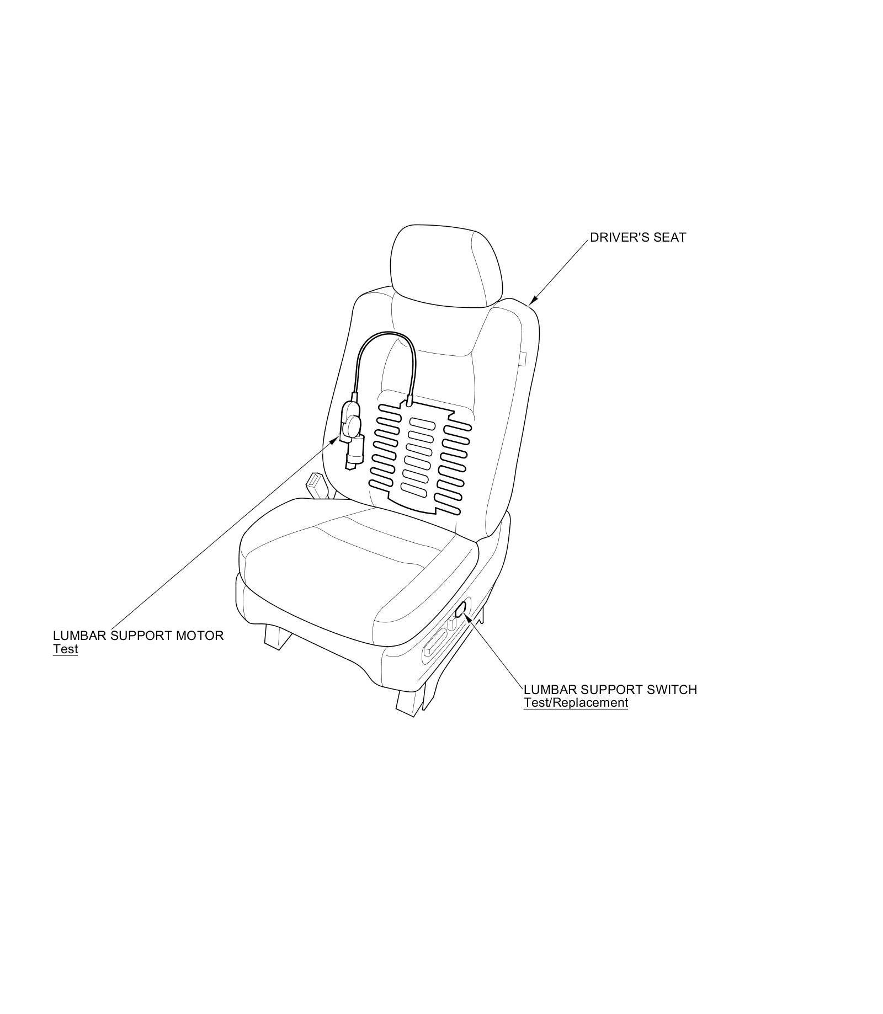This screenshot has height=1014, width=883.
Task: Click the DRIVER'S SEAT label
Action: [x=637, y=238]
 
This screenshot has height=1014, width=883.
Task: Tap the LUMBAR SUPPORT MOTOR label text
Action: [x=138, y=636]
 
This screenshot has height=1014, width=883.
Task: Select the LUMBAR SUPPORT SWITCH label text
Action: [x=610, y=690]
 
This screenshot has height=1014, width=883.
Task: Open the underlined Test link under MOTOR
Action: [x=65, y=649]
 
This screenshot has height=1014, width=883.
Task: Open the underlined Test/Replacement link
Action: [x=576, y=703]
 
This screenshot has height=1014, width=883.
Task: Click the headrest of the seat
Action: [x=446, y=265]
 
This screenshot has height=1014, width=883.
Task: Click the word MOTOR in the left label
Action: [x=200, y=636]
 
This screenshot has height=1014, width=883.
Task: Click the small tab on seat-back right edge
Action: [x=523, y=359]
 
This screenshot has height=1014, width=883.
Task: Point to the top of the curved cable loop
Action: [x=386, y=335]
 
